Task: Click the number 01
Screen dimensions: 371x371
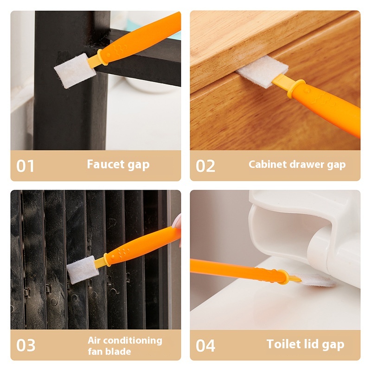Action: click(x=25, y=166)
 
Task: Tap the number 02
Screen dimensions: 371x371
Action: click(x=205, y=166)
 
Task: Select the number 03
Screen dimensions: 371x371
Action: click(x=26, y=345)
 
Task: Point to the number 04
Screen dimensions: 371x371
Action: click(x=205, y=345)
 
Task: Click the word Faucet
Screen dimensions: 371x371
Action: click(x=106, y=164)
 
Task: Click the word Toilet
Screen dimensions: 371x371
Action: click(x=284, y=344)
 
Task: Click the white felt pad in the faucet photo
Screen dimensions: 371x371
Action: click(x=75, y=71)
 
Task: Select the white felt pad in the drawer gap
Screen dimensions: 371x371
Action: click(x=262, y=71)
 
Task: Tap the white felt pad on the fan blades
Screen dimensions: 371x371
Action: click(x=83, y=270)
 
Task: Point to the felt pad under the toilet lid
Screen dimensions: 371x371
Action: click(x=317, y=280)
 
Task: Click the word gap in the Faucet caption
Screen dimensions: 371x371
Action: click(x=138, y=165)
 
